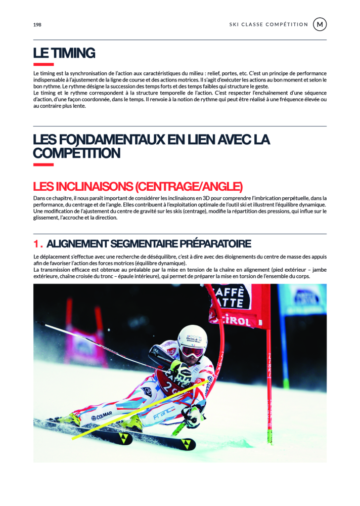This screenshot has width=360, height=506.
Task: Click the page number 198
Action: click(x=37, y=25)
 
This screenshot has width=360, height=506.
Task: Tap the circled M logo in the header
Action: click(x=320, y=24)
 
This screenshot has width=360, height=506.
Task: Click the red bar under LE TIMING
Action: click(x=43, y=65)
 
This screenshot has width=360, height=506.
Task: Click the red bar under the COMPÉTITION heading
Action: click(x=43, y=164)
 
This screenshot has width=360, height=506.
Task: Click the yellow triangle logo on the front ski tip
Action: click(x=187, y=444)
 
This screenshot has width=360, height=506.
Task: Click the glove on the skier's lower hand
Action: click(x=192, y=416)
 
